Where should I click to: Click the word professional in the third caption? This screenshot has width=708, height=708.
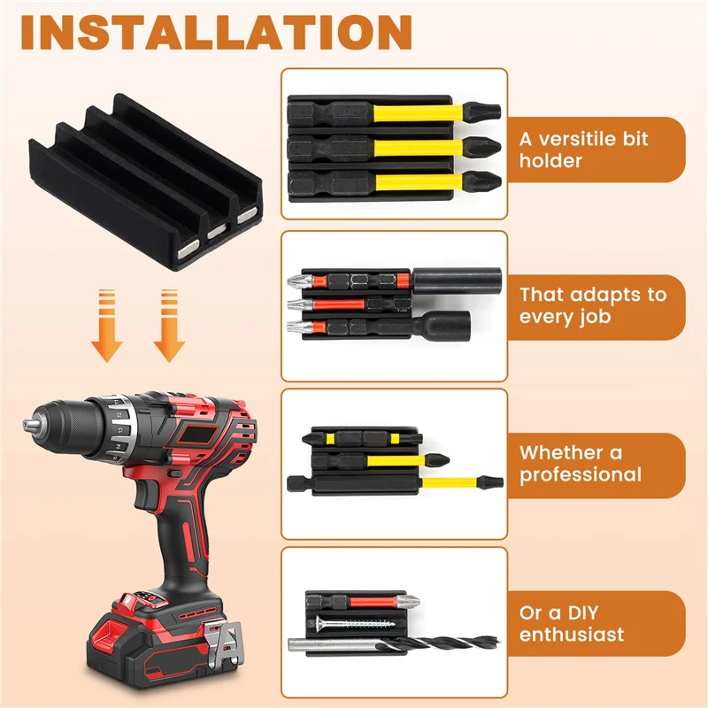[x=580, y=475]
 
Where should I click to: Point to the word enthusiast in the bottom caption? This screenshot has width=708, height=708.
[x=572, y=635]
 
